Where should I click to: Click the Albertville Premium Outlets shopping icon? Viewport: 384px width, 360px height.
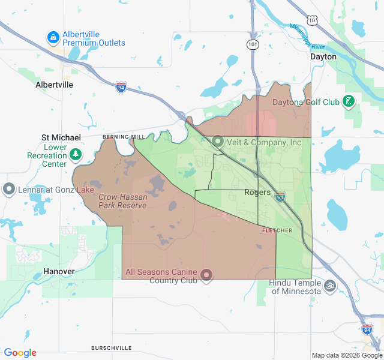pyautogui.click(x=53, y=38)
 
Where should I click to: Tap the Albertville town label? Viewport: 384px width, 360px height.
pyautogui.click(x=54, y=85)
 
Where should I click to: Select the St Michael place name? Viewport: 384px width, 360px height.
pyautogui.click(x=61, y=137)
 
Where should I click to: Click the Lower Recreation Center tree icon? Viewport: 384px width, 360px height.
pyautogui.click(x=76, y=155)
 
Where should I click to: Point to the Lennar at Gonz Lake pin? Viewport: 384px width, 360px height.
pyautogui.click(x=9, y=190)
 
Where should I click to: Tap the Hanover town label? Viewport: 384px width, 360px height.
pyautogui.click(x=58, y=271)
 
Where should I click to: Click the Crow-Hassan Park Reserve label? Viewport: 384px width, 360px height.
pyautogui.click(x=122, y=201)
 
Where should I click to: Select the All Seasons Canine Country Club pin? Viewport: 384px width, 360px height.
pyautogui.click(x=207, y=275)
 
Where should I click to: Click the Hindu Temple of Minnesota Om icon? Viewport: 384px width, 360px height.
pyautogui.click(x=329, y=286)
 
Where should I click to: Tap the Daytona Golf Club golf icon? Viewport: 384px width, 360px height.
pyautogui.click(x=349, y=101)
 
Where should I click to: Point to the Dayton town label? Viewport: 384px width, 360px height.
pyautogui.click(x=323, y=56)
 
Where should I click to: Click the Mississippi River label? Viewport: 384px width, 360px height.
pyautogui.click(x=307, y=36)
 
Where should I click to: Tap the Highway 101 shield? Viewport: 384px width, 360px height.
pyautogui.click(x=253, y=45)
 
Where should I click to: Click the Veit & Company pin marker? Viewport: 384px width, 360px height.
pyautogui.click(x=217, y=142)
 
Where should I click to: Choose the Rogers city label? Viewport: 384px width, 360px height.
pyautogui.click(x=257, y=193)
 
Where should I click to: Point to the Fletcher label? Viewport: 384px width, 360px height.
pyautogui.click(x=277, y=230)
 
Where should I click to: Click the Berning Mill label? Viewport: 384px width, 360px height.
pyautogui.click(x=116, y=137)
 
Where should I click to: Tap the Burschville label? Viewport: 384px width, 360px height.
pyautogui.click(x=111, y=348)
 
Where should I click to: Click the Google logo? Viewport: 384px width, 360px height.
pyautogui.click(x=20, y=353)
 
